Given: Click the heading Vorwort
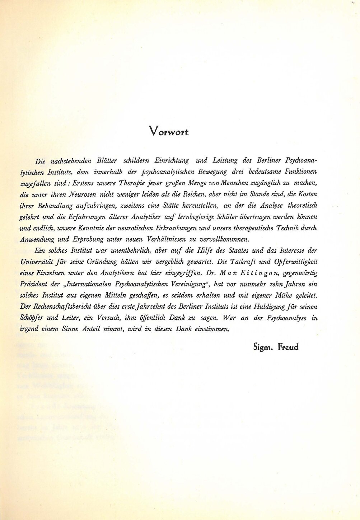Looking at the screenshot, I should [x=169, y=131].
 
